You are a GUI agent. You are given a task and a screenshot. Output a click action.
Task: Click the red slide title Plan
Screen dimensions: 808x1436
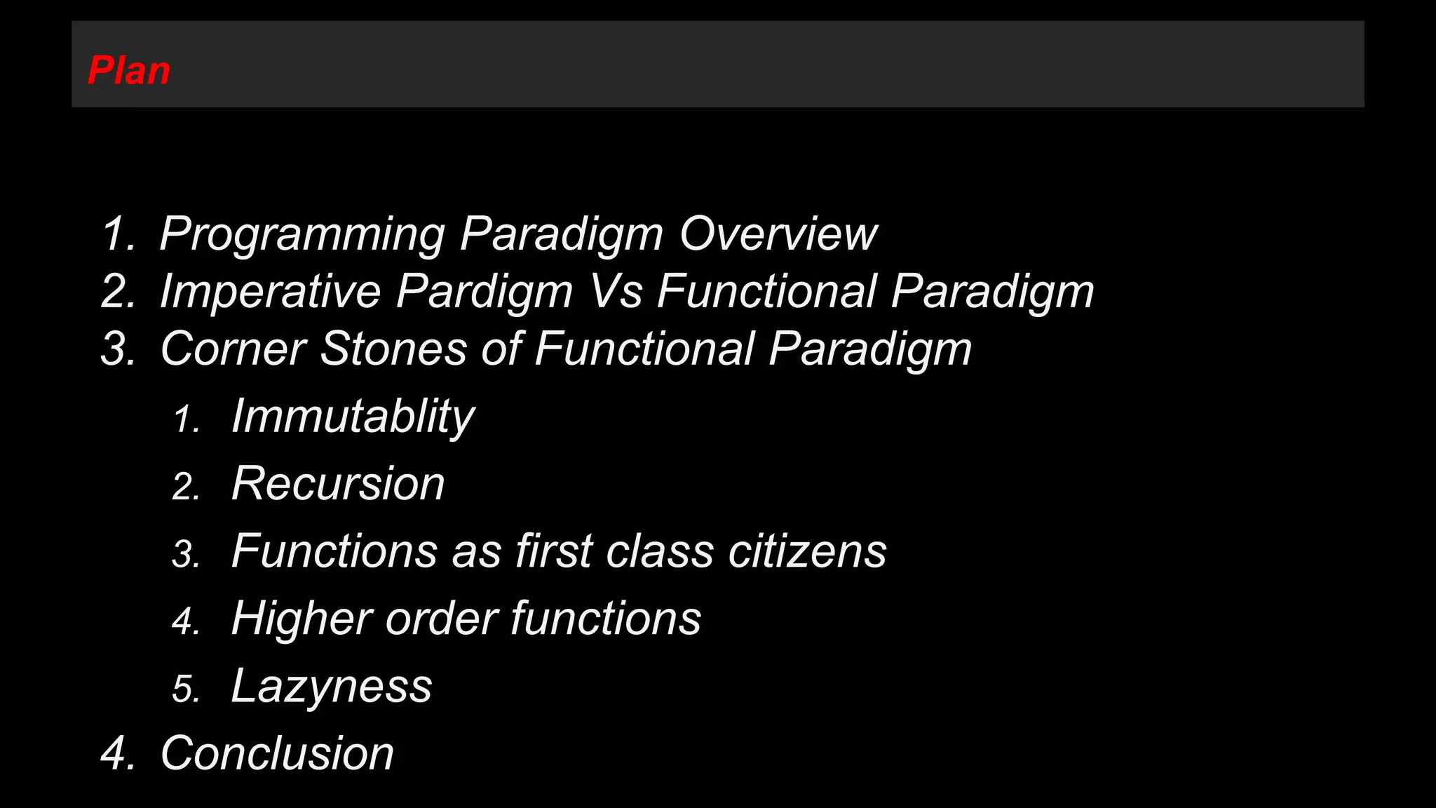[x=129, y=71]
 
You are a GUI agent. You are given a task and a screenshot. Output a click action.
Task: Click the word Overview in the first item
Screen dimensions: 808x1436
[x=778, y=234]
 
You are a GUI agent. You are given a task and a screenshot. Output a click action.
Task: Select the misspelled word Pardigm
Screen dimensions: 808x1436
[x=485, y=291]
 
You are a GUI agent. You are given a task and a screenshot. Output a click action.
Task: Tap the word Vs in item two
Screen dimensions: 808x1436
[x=615, y=291]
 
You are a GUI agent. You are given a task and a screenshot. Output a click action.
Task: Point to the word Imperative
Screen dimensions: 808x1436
[x=270, y=291]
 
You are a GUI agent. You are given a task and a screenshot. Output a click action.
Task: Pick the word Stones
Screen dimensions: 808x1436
[x=393, y=349]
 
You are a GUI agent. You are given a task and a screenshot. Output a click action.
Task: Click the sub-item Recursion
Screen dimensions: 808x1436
[x=338, y=484]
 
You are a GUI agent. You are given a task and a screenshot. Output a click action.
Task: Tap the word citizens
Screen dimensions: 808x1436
[x=807, y=551]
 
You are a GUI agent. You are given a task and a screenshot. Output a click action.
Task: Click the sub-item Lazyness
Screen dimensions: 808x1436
[x=332, y=686]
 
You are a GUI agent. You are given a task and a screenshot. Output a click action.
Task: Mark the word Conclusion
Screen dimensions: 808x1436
[x=277, y=753]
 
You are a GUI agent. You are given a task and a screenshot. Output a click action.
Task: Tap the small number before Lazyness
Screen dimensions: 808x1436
[x=186, y=689]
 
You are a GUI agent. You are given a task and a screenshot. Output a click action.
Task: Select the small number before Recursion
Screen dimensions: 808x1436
[x=186, y=487]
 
